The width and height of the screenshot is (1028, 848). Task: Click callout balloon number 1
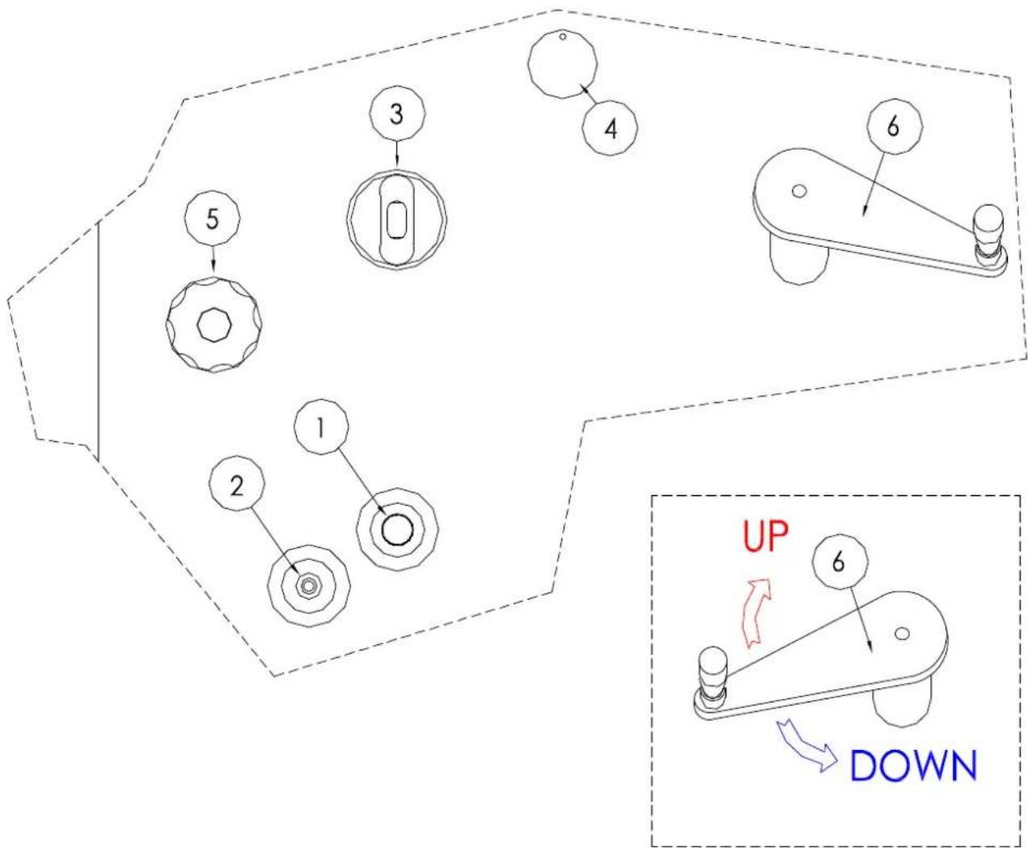[x=321, y=427]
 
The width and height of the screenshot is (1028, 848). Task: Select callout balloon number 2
[x=237, y=486]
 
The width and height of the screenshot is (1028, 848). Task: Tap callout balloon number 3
[x=397, y=113]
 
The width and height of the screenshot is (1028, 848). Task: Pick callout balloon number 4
[x=610, y=129]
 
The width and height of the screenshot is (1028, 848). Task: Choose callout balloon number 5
[x=212, y=218]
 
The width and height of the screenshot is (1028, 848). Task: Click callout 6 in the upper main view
[x=894, y=126]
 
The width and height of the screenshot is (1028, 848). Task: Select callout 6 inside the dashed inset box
[x=840, y=562]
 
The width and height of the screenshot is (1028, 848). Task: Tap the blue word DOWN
[x=914, y=765]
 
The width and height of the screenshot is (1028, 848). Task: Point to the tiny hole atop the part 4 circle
[x=563, y=36]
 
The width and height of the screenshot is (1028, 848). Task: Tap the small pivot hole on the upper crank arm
[x=798, y=191]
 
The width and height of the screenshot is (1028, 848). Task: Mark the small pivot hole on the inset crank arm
[x=902, y=634]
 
